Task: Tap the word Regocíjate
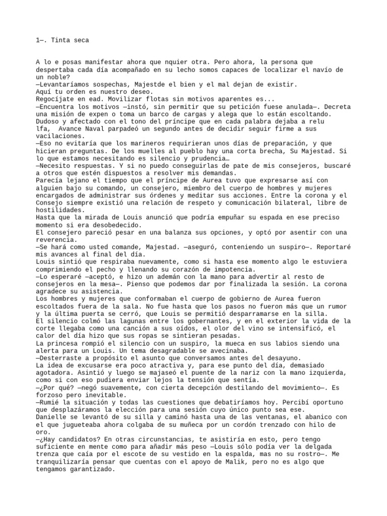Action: click(x=55, y=99)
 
